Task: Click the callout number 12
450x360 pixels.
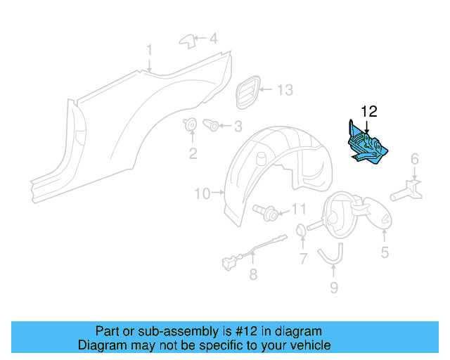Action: [x=369, y=111]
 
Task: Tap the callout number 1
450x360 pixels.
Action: [x=149, y=49]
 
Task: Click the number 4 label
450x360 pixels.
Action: [x=214, y=38]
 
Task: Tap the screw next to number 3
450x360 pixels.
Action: [x=211, y=126]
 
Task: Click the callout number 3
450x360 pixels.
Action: [x=238, y=127]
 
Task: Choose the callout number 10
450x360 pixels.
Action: [x=202, y=193]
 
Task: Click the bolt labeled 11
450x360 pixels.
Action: [x=270, y=210]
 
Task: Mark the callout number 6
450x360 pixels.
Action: [x=415, y=158]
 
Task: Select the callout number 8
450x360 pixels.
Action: [x=253, y=275]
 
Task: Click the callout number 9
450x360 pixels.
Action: [x=334, y=287]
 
